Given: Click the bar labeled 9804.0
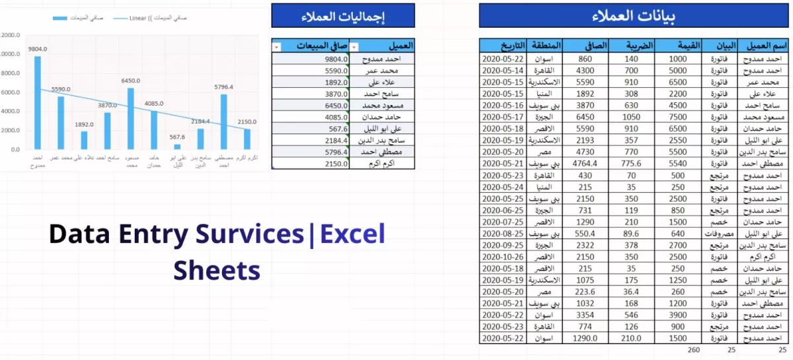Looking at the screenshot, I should [x=38, y=102].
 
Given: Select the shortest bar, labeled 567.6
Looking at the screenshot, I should [x=177, y=147].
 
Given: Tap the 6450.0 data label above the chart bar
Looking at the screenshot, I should [x=131, y=81].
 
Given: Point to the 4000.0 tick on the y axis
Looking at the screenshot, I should [x=10, y=111].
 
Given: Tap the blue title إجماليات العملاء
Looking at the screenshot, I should [x=343, y=16].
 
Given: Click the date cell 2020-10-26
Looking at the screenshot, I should [x=503, y=256].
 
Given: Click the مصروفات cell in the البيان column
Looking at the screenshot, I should [x=722, y=233].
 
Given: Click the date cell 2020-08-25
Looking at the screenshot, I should [x=503, y=233].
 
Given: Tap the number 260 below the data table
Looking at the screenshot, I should [x=694, y=350].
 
